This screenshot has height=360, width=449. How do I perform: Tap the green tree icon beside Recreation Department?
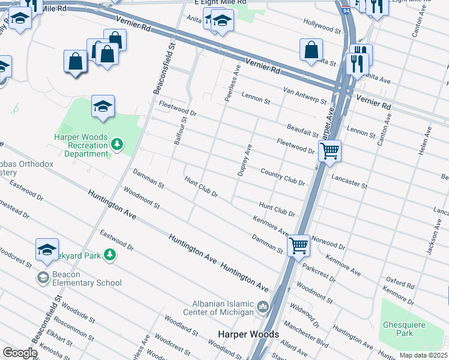[x=117, y=144]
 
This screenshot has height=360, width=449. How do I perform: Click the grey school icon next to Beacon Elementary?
[x=43, y=277]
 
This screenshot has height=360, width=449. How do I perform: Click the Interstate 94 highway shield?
[x=346, y=9]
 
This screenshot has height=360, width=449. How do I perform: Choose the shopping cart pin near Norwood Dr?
[x=298, y=245]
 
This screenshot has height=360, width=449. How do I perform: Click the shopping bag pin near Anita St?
[x=312, y=50]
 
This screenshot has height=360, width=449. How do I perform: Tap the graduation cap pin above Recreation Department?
[x=103, y=106]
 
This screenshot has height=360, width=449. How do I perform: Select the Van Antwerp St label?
[x=304, y=97]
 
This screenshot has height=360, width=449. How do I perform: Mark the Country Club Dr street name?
[x=283, y=176]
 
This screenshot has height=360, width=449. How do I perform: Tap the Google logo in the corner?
[x=20, y=353]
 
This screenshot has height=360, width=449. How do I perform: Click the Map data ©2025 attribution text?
[x=423, y=355]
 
